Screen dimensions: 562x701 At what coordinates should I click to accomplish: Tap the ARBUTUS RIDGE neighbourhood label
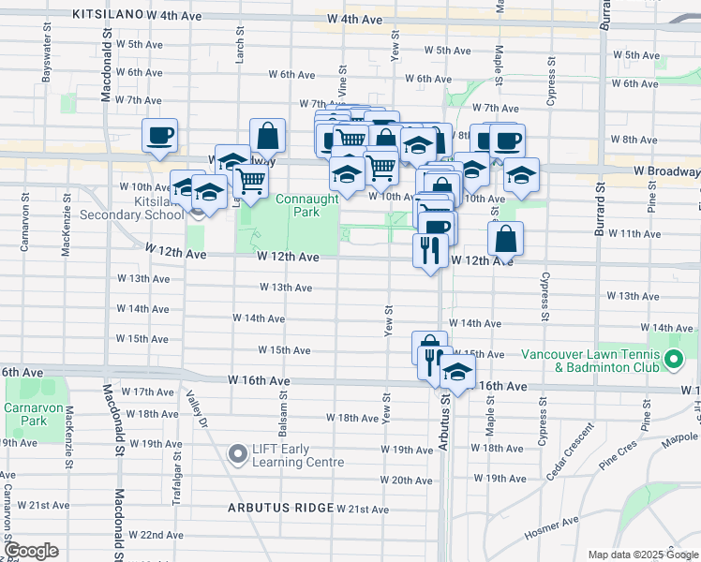point(279,508)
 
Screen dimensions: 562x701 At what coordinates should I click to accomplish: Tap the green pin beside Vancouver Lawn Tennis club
point(673,360)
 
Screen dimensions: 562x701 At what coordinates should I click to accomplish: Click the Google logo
point(31,551)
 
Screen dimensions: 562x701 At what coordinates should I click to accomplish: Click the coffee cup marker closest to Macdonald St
point(160,135)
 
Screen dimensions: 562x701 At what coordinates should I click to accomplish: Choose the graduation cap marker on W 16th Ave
point(457,374)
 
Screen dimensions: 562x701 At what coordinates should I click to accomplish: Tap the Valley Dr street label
point(195,409)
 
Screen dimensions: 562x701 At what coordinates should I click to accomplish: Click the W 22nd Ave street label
point(157,535)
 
